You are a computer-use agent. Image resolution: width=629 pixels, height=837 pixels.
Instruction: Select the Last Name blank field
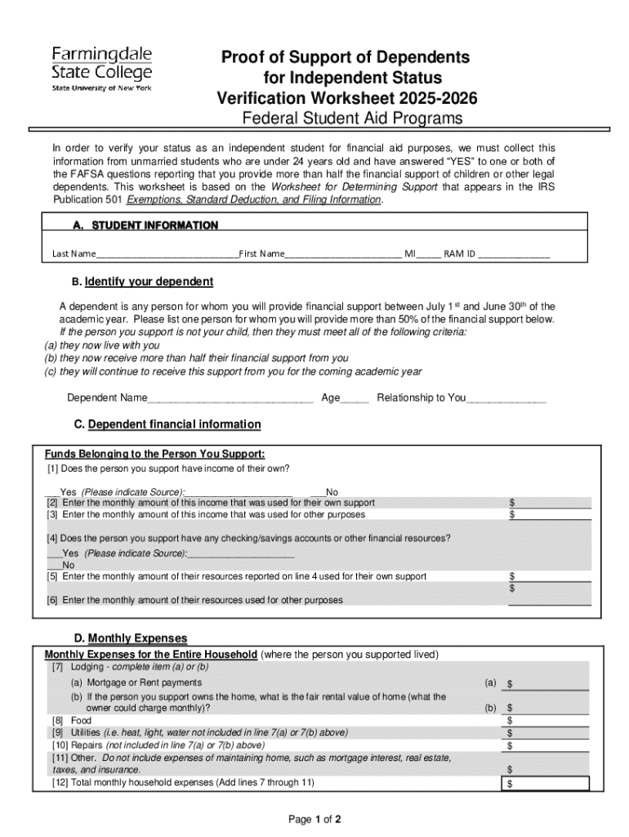pyautogui.click(x=167, y=255)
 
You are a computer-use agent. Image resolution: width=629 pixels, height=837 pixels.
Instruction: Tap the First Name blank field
pyautogui.click(x=343, y=255)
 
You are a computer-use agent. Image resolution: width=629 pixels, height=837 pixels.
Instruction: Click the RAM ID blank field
pyautogui.click(x=514, y=255)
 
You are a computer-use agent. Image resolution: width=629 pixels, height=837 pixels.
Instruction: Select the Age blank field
pyautogui.click(x=355, y=399)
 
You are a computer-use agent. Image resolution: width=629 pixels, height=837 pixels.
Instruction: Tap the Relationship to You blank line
pyautogui.click(x=506, y=399)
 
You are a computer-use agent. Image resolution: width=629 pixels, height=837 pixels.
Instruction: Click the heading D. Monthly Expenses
pyautogui.click(x=131, y=638)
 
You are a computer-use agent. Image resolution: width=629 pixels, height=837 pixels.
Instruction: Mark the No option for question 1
pyautogui.click(x=317, y=492)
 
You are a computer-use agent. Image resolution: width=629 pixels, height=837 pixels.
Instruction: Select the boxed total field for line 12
pyautogui.click(x=546, y=784)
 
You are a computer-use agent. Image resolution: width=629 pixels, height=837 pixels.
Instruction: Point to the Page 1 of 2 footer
pyautogui.click(x=314, y=819)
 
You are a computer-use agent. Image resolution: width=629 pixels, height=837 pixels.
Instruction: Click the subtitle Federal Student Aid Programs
pyautogui.click(x=351, y=119)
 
